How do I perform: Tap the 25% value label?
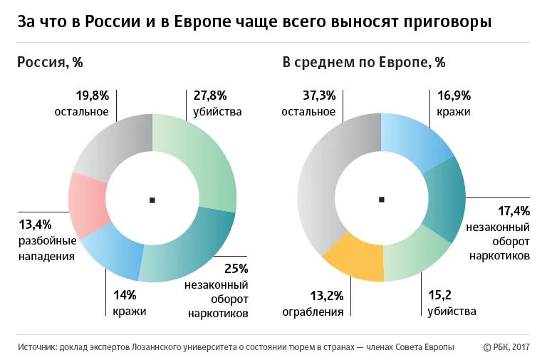click(236, 269)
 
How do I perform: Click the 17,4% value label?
click(513, 210)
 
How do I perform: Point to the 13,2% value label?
click(327, 295)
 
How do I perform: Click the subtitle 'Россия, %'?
click(50, 62)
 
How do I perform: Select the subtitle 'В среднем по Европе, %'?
click(364, 62)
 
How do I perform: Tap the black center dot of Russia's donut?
click(152, 200)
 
